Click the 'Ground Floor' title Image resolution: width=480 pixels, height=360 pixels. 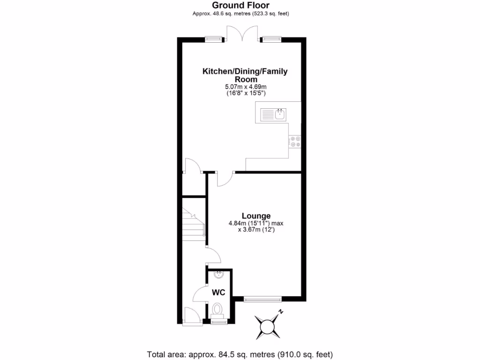coord(240,5)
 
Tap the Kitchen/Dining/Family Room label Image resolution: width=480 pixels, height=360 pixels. coord(245,75)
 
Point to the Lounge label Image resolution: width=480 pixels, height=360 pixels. coord(256,216)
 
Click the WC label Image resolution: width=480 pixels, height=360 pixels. coord(219,292)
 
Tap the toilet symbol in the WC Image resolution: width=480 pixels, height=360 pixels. coord(217,309)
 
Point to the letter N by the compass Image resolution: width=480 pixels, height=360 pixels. coord(281,312)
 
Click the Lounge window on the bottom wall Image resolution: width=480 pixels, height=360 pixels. coord(262,298)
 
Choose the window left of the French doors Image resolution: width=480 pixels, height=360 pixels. coord(214,39)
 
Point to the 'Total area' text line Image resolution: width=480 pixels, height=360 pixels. coord(240,354)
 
